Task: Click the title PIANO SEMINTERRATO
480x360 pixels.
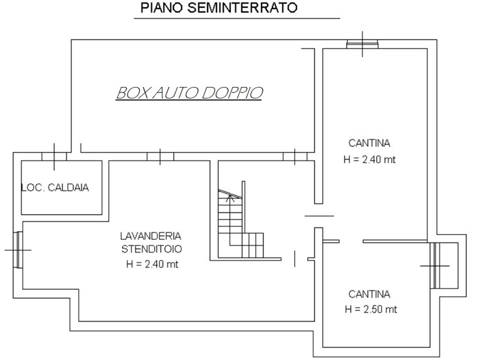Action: coord(219,8)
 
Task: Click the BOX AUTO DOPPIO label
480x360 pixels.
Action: coord(190,93)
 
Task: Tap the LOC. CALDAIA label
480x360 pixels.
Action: coord(55,187)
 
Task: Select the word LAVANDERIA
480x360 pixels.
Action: coord(151,236)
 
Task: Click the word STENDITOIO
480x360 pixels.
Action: coord(152,249)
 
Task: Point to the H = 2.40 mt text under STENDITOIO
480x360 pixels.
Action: coord(152,264)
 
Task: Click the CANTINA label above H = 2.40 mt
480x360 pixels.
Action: coord(369,143)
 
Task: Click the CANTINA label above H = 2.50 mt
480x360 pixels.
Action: coord(369,294)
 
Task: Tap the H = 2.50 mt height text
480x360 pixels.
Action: coord(371,309)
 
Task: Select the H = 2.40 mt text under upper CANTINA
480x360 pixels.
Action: coord(370,160)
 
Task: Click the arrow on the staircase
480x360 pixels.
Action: coord(230,198)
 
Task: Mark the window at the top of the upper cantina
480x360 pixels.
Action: coord(362,44)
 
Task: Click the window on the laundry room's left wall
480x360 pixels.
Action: coord(19,250)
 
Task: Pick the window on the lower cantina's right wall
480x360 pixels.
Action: coord(435,266)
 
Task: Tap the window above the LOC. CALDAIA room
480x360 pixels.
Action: coord(54,157)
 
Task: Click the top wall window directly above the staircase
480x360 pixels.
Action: coord(295,157)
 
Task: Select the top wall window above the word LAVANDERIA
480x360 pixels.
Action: coord(160,157)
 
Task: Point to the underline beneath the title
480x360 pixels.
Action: coord(237,19)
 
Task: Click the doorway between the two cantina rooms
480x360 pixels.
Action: coord(351,241)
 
